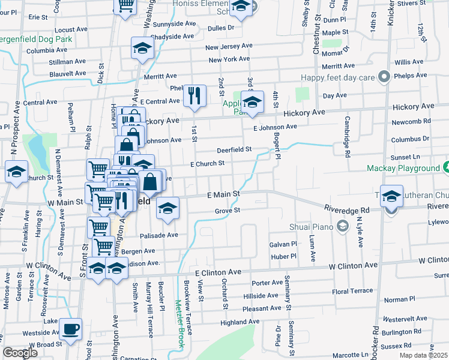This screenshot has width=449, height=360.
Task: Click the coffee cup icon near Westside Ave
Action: click(x=71, y=329)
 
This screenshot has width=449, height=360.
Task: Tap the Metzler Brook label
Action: click(x=179, y=324)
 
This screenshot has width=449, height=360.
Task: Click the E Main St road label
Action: click(x=223, y=194)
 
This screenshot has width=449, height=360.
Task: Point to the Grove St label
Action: click(x=228, y=211)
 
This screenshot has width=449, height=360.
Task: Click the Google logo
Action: click(x=20, y=353)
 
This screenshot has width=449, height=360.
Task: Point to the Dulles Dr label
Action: click(x=221, y=28)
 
